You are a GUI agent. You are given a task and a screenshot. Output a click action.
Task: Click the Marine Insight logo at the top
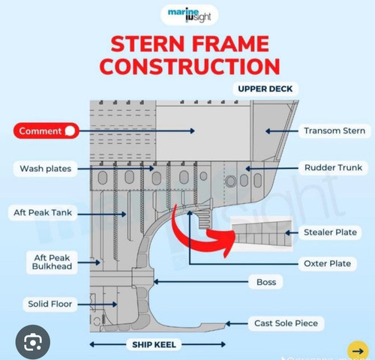point(190,15)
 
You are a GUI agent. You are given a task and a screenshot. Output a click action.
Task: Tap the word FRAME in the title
point(230,43)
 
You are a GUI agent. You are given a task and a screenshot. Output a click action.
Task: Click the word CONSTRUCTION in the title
point(190,66)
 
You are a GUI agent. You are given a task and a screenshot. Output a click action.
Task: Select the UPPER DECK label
point(265,89)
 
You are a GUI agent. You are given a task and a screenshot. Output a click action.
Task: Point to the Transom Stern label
point(334,130)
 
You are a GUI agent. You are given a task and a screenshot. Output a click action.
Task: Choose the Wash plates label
point(46,169)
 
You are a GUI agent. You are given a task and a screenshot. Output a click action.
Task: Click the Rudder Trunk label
point(333,168)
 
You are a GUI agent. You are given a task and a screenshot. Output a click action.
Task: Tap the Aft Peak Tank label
point(43,213)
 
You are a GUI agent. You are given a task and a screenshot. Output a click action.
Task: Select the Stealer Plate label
point(330,232)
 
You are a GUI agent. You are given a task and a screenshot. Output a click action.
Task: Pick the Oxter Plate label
point(327,263)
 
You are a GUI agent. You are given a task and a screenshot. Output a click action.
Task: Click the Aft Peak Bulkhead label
point(52,262)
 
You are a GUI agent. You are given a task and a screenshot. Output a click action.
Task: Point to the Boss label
point(266,282)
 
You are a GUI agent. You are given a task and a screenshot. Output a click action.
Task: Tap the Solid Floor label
point(50,304)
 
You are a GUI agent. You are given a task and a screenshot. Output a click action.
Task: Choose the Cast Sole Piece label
point(286,323)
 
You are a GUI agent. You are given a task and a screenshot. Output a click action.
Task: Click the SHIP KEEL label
point(154,345)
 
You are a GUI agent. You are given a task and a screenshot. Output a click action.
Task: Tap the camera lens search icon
point(33,342)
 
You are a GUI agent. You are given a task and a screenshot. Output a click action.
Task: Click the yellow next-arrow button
point(358,351)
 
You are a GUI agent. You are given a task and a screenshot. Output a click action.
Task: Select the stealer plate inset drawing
point(262,233)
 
